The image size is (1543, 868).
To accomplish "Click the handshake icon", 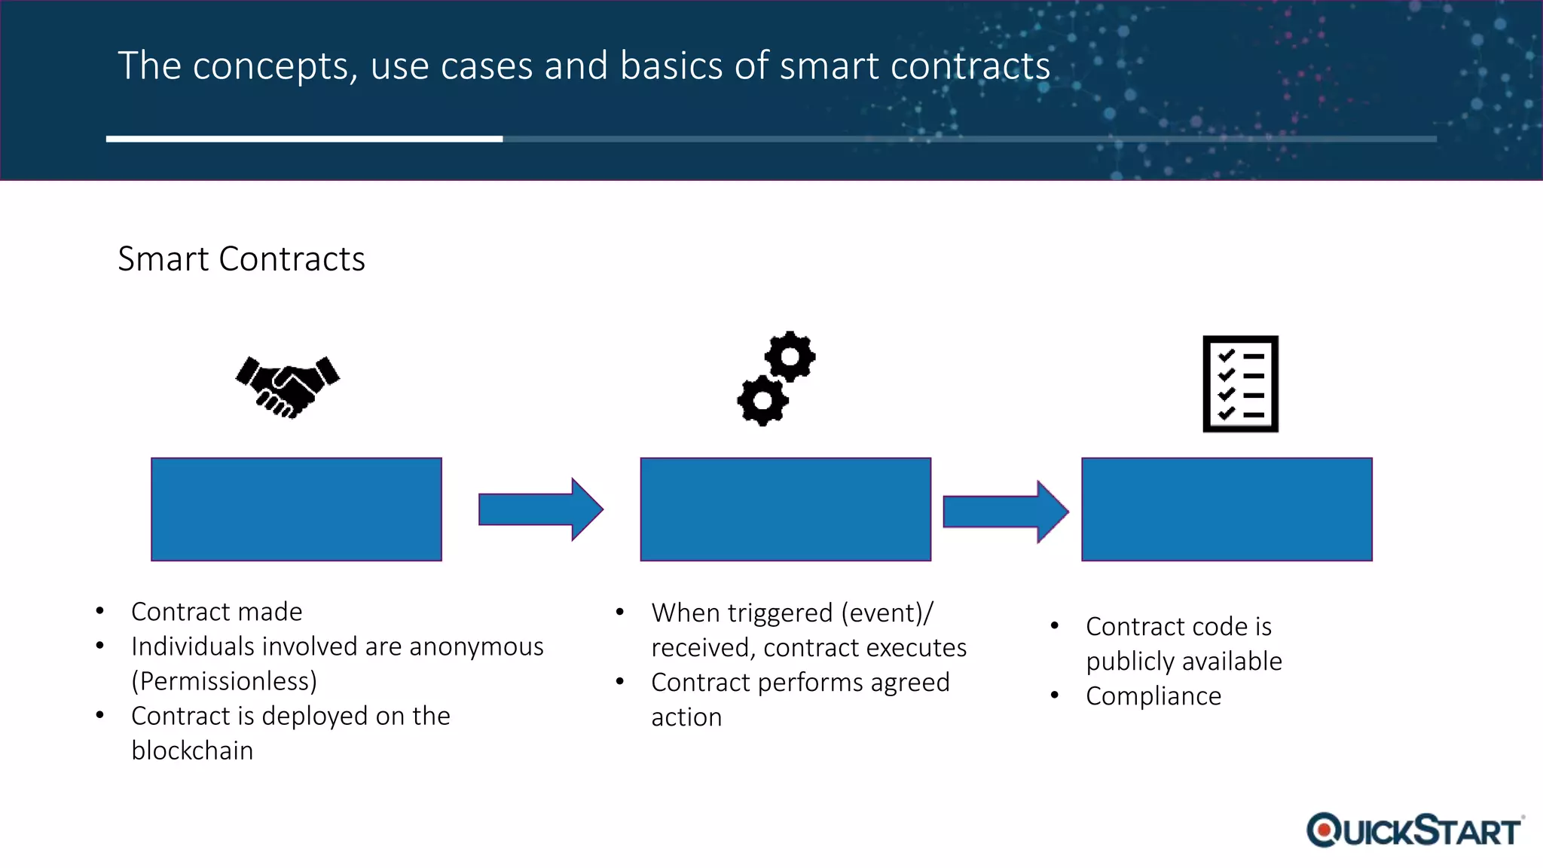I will pyautogui.click(x=287, y=386).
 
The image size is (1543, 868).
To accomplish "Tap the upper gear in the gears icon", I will pyautogui.click(x=790, y=356).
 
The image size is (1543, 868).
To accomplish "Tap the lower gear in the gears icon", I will pyautogui.click(x=762, y=401).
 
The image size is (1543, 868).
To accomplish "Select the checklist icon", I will pyautogui.click(x=1240, y=384).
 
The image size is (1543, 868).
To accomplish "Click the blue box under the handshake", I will pyautogui.click(x=296, y=509).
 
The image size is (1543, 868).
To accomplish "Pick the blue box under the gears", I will pyautogui.click(x=785, y=509).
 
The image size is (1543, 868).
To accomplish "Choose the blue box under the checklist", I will pyautogui.click(x=1227, y=509).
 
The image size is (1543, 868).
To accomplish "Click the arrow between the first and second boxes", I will pyautogui.click(x=540, y=509).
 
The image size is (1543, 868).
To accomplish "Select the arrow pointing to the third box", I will pyautogui.click(x=1005, y=512).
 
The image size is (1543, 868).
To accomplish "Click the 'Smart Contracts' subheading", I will pyautogui.click(x=241, y=259).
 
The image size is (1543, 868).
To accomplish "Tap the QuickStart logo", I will pyautogui.click(x=1414, y=830).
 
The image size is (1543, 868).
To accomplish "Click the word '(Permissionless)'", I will pyautogui.click(x=224, y=681).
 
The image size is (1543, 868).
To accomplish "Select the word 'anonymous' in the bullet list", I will pyautogui.click(x=476, y=646).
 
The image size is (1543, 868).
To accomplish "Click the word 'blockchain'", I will pyautogui.click(x=192, y=750).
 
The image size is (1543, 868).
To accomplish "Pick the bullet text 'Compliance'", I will pyautogui.click(x=1153, y=696).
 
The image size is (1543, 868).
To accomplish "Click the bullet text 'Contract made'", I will pyautogui.click(x=216, y=612).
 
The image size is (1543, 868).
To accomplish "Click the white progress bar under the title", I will pyautogui.click(x=304, y=139).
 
